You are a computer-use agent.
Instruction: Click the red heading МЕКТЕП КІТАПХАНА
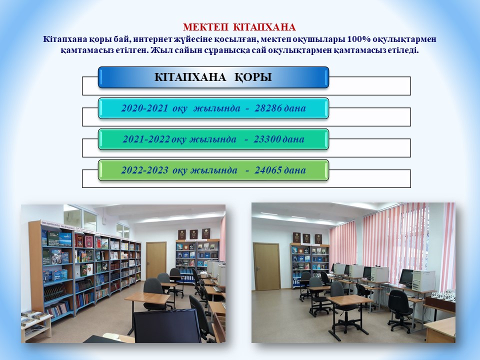point(239,27)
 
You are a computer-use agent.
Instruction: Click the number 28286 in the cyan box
point(268,108)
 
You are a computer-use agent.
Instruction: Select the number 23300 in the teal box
point(267,139)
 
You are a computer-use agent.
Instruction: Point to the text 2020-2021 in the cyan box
point(145,108)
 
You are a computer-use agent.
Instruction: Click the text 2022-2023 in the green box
point(145,170)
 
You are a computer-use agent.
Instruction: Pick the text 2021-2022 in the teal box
point(146,139)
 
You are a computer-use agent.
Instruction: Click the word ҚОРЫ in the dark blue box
point(253,77)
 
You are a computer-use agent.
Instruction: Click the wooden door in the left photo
point(156,260)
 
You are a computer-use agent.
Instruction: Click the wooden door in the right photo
point(266,267)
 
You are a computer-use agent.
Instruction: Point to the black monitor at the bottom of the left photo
point(167,326)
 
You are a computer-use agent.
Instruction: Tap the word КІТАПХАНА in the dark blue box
point(190,77)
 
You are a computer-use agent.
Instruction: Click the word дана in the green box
point(295,170)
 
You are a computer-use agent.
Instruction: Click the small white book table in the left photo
point(36,325)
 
